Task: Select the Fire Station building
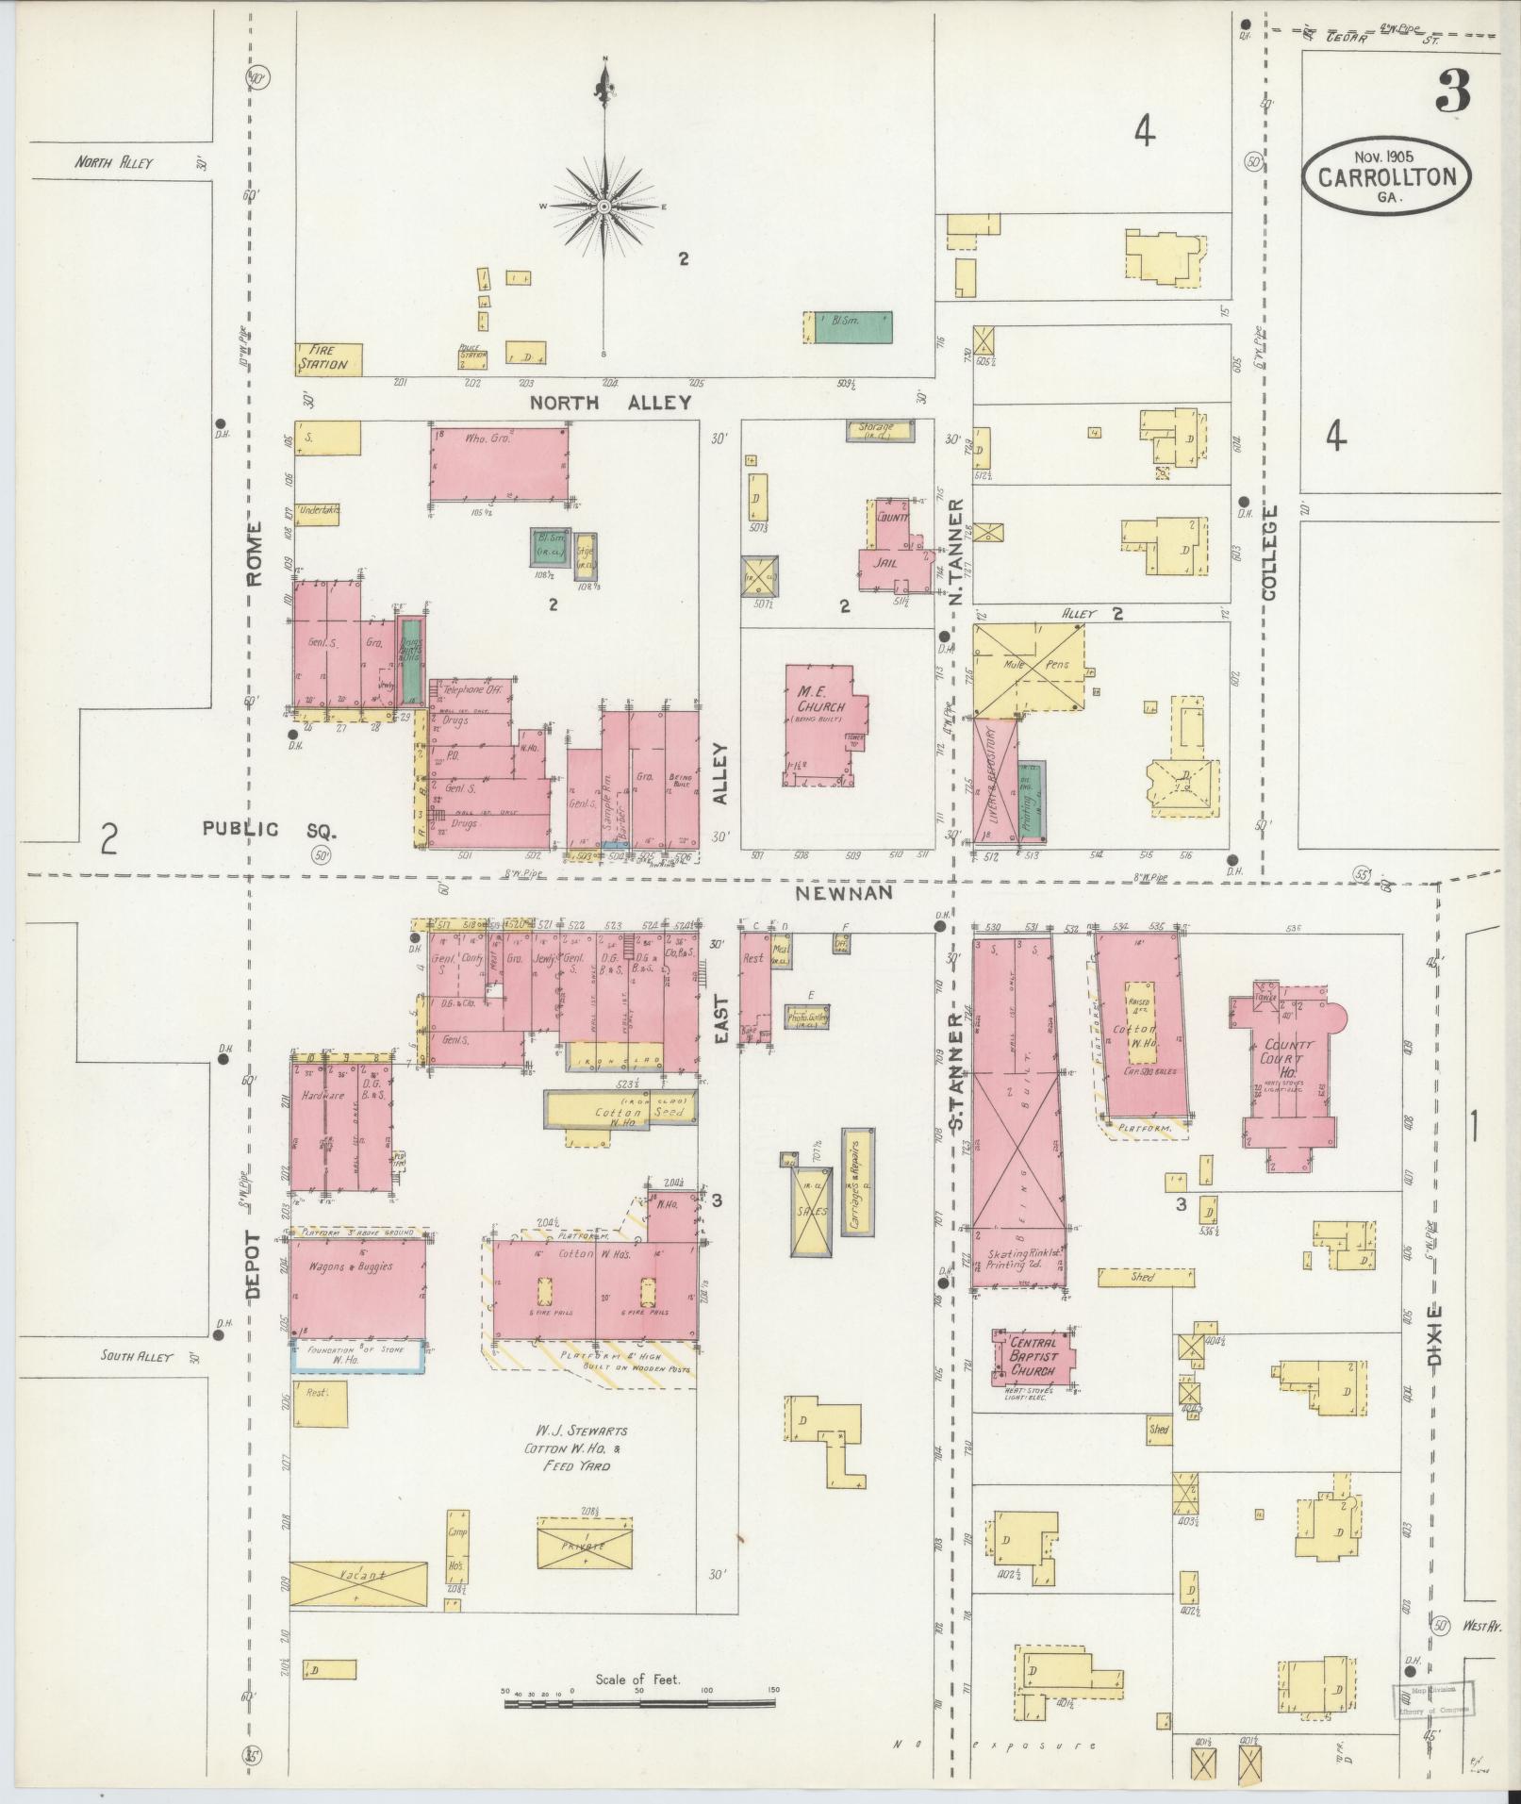click(328, 358)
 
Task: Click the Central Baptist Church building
click(1033, 1356)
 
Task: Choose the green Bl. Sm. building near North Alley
click(853, 326)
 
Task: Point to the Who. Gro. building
click(499, 462)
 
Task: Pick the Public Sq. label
click(269, 830)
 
